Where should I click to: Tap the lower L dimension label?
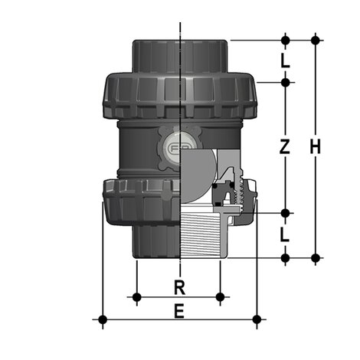click(285, 235)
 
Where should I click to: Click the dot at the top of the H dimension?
click(315, 38)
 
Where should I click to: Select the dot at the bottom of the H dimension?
click(315, 257)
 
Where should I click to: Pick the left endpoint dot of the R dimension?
click(136, 296)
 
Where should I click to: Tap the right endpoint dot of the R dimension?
click(221, 296)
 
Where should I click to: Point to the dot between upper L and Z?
click(285, 82)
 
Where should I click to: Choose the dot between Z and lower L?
click(285, 213)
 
